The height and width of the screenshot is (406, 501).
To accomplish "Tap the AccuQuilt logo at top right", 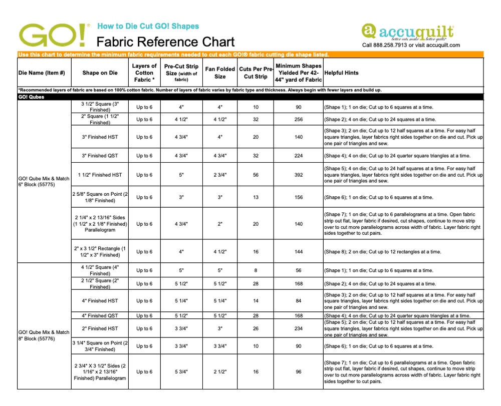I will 408,33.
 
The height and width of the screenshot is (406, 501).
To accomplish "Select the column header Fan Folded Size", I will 220,73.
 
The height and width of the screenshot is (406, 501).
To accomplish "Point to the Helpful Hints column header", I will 341,73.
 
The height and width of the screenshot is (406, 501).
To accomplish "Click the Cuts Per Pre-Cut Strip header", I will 256,73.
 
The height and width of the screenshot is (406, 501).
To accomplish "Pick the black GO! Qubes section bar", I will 250,97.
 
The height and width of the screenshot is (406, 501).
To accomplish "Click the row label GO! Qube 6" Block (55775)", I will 44,181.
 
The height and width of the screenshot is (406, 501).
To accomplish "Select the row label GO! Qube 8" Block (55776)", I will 44,335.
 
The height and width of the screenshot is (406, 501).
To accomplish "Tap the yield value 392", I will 299,175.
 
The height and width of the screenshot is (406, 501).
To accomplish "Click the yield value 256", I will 299,120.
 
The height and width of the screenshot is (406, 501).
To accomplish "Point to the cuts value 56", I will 256,175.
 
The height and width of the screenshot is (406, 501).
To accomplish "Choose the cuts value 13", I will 256,197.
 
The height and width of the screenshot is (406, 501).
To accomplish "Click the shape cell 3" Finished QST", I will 100,156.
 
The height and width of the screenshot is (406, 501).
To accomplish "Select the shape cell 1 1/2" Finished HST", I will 100,175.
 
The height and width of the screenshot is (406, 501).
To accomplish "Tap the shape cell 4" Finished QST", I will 100,316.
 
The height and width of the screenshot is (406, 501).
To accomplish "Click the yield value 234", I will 299,329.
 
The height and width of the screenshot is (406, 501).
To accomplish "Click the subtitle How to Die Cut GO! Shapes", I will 148,26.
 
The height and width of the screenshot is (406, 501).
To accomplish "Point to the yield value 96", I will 299,372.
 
